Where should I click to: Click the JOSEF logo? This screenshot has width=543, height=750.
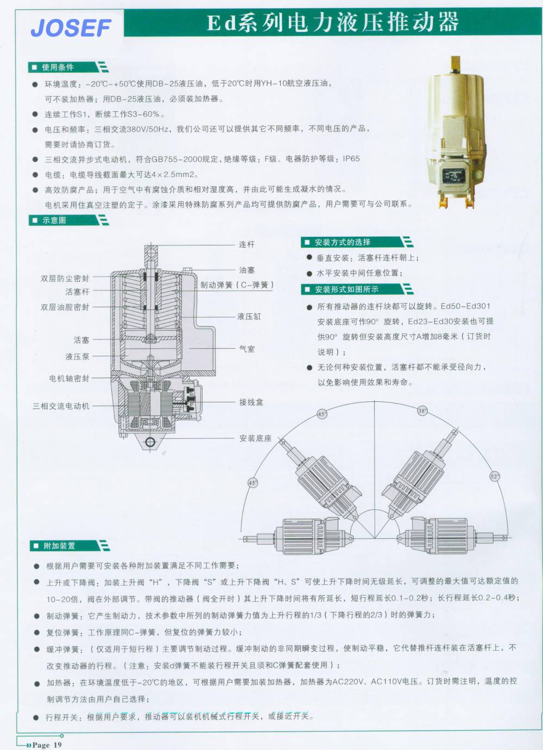71,28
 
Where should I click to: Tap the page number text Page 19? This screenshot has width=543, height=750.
47,745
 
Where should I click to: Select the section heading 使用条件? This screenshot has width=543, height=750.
58,67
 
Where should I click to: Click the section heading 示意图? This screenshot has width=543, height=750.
54,220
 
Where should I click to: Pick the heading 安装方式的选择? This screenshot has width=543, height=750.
343,242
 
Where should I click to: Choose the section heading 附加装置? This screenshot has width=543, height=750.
59,546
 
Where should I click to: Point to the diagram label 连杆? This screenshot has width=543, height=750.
247,244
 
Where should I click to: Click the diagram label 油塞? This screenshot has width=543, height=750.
247,270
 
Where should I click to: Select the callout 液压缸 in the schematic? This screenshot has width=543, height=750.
249,317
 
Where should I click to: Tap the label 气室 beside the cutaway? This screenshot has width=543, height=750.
247,349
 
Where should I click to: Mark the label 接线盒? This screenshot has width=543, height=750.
251,402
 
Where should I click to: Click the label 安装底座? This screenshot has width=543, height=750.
255,438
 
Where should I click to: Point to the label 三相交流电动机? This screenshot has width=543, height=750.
61,406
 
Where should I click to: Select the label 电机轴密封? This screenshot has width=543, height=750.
70,379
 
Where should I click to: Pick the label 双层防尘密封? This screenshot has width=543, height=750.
65,279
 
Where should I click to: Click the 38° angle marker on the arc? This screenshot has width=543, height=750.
422,411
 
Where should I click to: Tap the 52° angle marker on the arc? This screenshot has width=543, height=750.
495,476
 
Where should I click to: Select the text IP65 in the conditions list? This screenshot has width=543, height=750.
351,159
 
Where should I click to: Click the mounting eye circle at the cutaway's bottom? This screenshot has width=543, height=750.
150,442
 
